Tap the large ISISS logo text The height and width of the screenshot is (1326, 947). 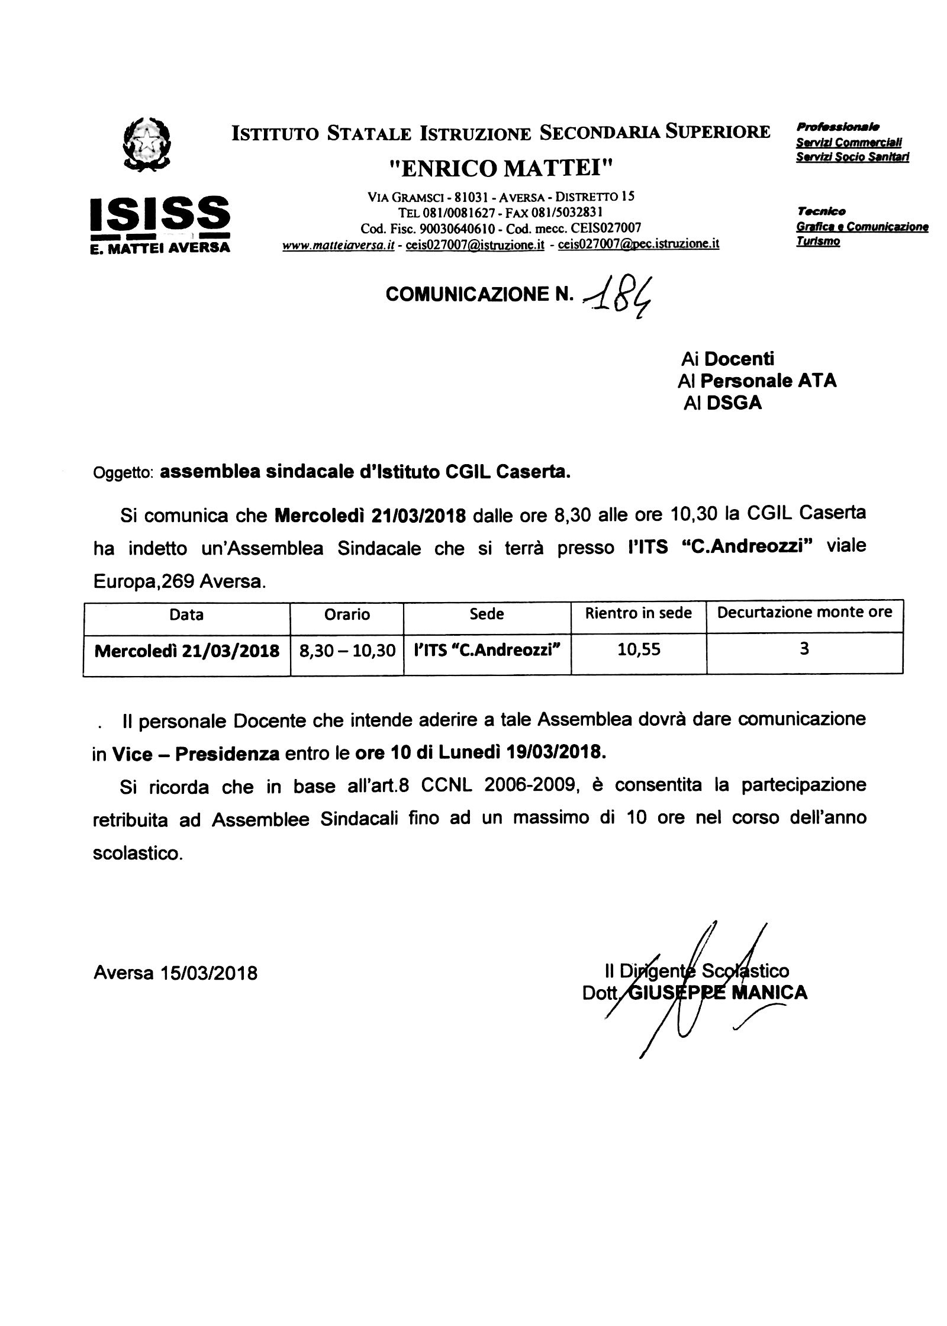tap(159, 215)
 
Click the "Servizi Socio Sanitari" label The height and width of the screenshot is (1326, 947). tap(852, 157)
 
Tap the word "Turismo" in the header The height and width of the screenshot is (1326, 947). tap(818, 242)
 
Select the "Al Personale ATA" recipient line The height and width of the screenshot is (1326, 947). tap(757, 381)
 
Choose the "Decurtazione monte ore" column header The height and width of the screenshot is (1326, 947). tap(804, 613)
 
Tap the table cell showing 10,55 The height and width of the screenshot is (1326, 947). tap(639, 650)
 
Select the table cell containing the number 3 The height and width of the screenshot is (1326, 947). tap(804, 649)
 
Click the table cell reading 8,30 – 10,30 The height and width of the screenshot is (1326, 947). tap(347, 651)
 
